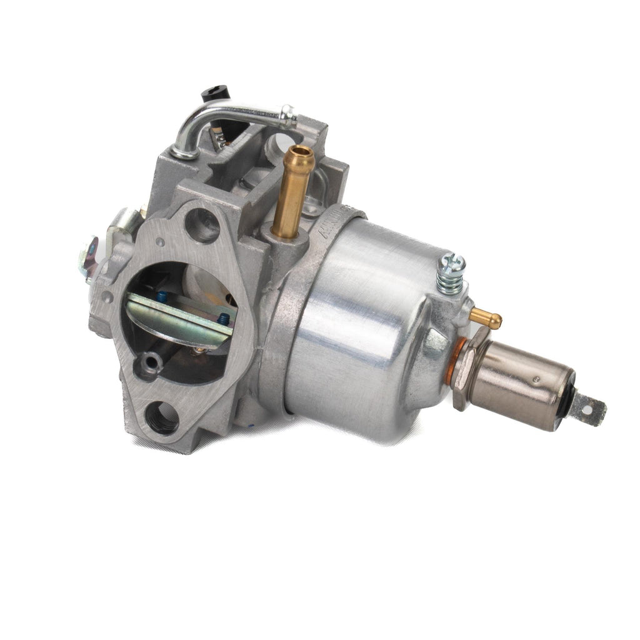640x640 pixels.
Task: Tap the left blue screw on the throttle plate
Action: [162, 297]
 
